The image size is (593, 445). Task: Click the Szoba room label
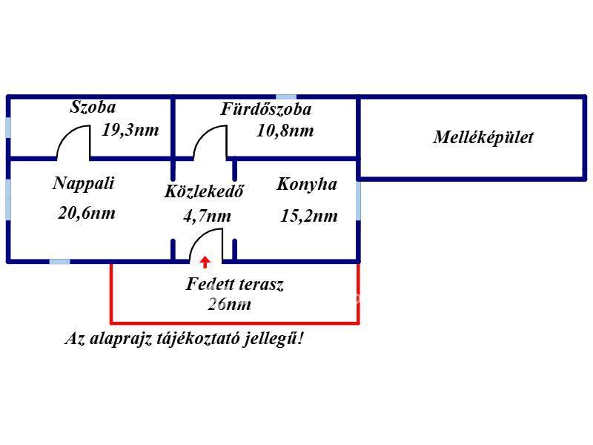tap(93, 107)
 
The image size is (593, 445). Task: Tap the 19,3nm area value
tap(130, 130)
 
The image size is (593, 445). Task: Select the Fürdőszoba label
tap(266, 110)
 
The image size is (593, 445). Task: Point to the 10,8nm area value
tap(285, 131)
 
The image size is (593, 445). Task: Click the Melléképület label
tap(483, 137)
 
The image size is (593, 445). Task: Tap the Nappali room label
tap(84, 183)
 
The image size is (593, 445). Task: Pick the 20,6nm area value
tap(87, 213)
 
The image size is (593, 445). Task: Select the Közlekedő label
tap(204, 191)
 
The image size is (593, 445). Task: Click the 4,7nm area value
tap(207, 217)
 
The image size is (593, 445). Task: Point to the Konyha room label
tap(306, 184)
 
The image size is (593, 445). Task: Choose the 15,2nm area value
tap(309, 216)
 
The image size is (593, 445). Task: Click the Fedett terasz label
tap(234, 283)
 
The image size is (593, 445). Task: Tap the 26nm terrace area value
tap(230, 304)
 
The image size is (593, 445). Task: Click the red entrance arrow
tap(205, 261)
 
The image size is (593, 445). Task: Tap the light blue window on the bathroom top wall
tap(286, 96)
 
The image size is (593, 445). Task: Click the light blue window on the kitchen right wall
tap(359, 201)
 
